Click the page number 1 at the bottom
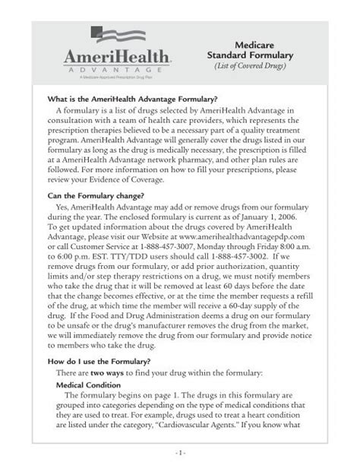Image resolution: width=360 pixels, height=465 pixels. [180, 453]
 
